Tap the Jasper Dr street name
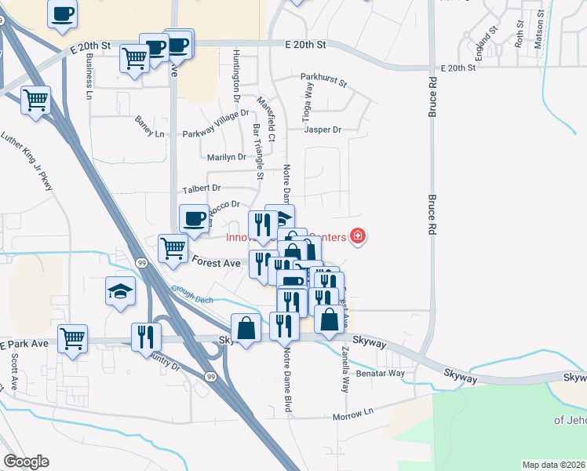pos(323,130)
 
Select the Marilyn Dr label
pos(227,157)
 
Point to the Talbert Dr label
pos(202,188)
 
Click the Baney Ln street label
pos(149,127)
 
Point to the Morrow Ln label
pos(352,416)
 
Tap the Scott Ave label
pos(14,372)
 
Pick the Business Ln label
pos(88,76)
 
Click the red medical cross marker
pos(358,235)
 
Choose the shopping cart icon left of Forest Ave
pos(173,248)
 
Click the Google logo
pos(26,462)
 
